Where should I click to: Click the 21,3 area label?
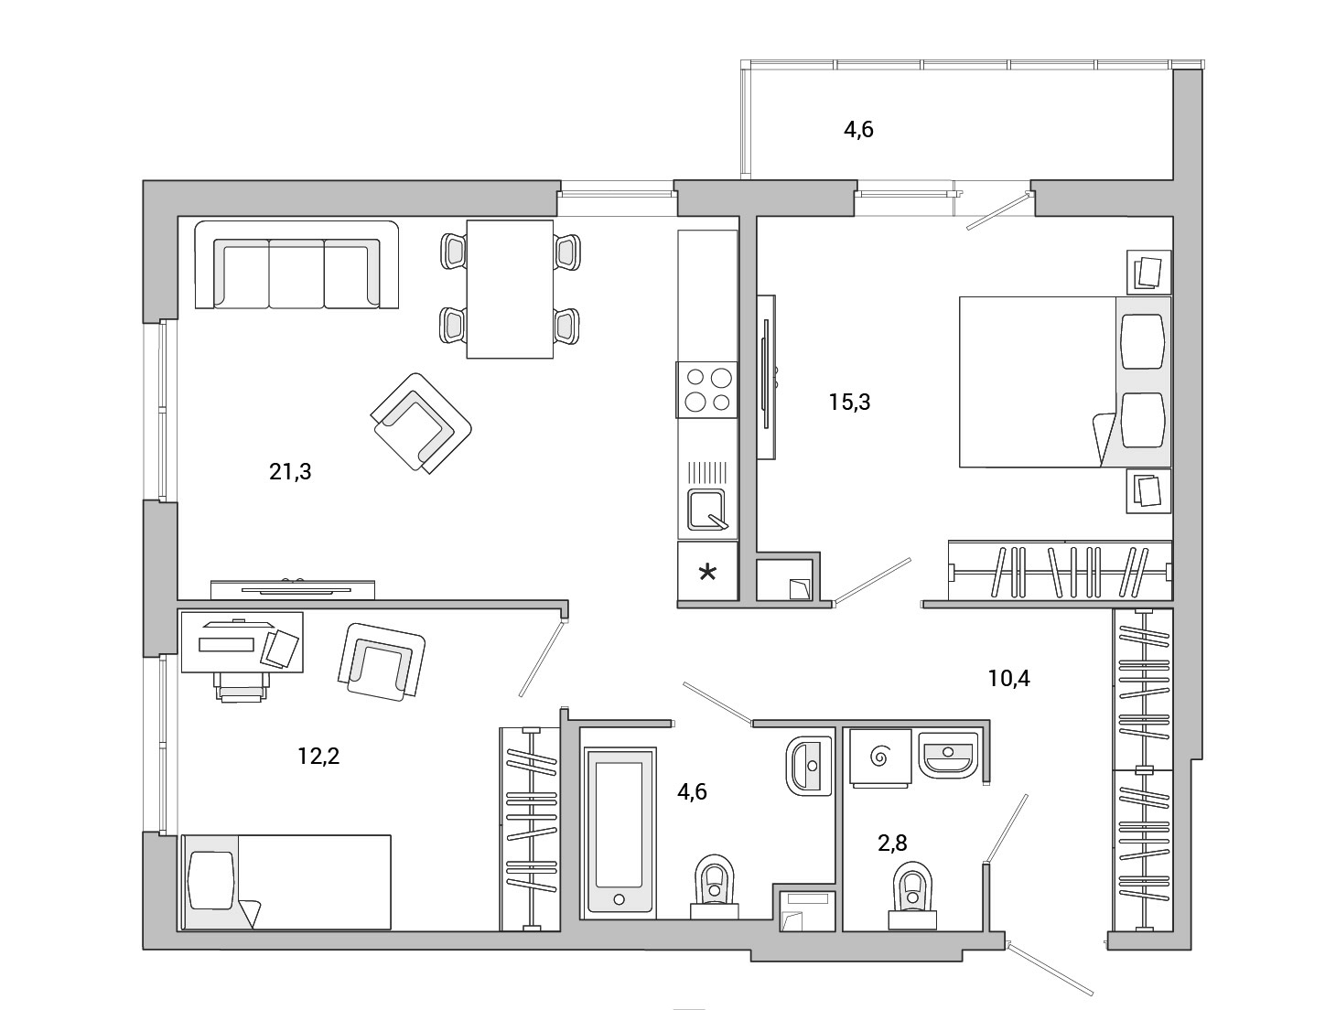point(290,471)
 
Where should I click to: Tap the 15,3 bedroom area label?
point(850,403)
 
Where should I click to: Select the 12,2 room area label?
point(318,757)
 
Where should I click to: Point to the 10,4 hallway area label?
point(1008,678)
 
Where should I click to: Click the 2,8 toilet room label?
point(892,843)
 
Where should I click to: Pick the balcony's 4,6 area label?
point(858,130)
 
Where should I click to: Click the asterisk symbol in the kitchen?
point(707,573)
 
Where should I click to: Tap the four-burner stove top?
point(706,390)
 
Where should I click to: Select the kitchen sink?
point(706,510)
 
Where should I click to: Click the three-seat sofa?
point(296,265)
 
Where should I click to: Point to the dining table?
point(510,289)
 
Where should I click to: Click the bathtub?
point(620,832)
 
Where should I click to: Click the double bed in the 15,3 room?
point(1065,382)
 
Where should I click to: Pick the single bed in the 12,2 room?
point(286,882)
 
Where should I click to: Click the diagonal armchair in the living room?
point(421,423)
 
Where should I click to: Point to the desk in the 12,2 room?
point(242,642)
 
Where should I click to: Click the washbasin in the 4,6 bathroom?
point(809,765)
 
